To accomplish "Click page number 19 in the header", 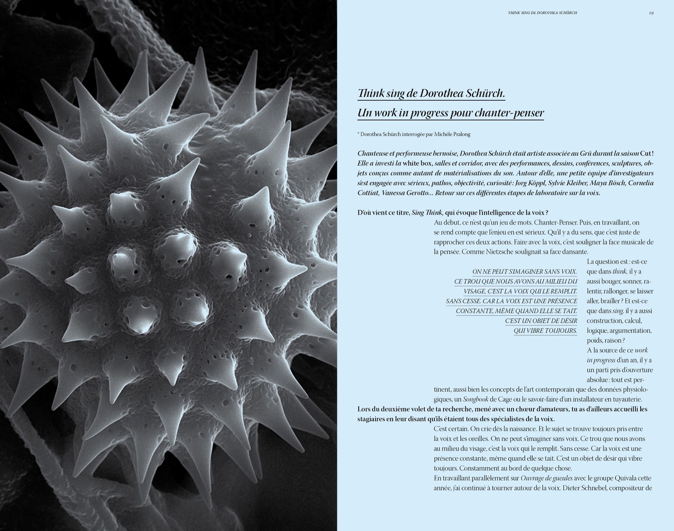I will pyautogui.click(x=651, y=13).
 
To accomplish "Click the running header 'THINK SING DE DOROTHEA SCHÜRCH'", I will pyautogui.click(x=542, y=13).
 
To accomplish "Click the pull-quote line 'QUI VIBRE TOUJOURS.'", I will pyautogui.click(x=545, y=331).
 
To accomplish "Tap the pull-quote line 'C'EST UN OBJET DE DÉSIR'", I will pyautogui.click(x=541, y=321).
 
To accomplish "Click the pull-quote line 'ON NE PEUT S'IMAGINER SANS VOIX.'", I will pyautogui.click(x=524, y=272).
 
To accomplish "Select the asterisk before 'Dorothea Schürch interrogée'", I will pyautogui.click(x=358, y=134).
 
